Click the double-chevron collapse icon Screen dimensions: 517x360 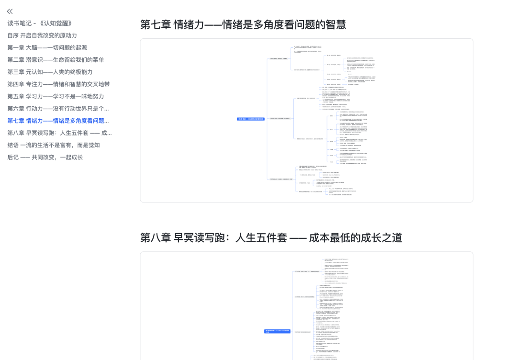point(10,11)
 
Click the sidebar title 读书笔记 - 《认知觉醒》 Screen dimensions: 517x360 point(40,23)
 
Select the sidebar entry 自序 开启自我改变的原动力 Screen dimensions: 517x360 point(42,35)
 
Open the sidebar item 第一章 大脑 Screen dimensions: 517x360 point(47,47)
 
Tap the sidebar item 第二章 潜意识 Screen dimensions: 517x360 point(56,60)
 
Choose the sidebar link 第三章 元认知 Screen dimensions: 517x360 point(50,72)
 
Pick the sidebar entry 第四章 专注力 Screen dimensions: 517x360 point(58,84)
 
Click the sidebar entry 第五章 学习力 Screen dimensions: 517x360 point(56,96)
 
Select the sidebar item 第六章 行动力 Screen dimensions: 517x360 point(58,109)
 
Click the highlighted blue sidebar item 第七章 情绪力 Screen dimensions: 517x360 point(58,121)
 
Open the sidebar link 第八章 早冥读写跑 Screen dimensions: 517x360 point(59,133)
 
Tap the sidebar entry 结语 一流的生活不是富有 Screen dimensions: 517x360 point(54,145)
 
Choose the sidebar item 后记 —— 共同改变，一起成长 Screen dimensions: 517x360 point(45,157)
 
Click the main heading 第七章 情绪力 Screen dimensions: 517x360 point(243,24)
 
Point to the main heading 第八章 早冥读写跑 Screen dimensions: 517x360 point(271,237)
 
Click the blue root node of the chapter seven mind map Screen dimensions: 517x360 point(250,119)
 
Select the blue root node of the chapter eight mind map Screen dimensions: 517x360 point(277,331)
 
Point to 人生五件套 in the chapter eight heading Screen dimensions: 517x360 point(260,237)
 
